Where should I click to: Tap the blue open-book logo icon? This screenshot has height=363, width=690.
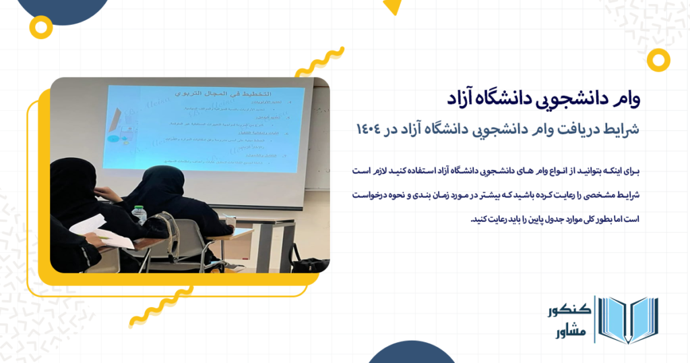point(628,320)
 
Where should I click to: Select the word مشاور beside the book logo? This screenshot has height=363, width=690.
point(571,332)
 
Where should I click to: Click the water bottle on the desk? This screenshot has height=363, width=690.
point(139,215)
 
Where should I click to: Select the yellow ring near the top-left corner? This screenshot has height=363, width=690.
point(42,27)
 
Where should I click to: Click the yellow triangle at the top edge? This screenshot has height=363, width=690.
point(391,7)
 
